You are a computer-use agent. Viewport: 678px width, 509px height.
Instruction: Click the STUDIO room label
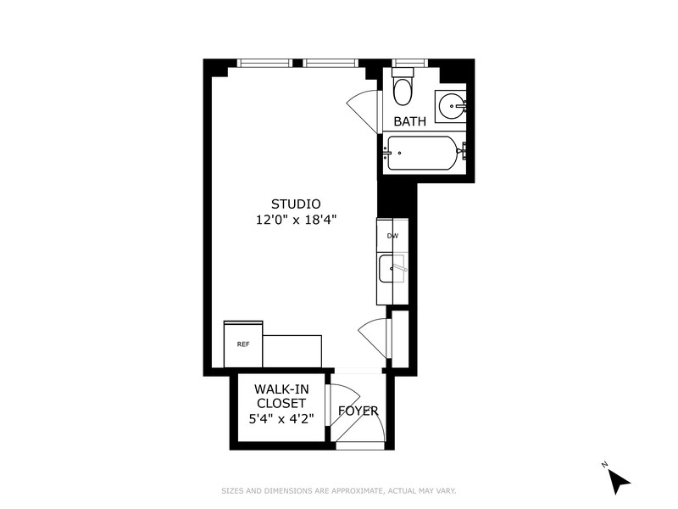(x=296, y=204)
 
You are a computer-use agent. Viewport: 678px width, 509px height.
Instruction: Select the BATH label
(x=409, y=121)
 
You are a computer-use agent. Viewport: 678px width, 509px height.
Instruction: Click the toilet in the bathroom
(x=404, y=87)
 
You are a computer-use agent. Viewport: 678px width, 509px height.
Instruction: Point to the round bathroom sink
(x=451, y=107)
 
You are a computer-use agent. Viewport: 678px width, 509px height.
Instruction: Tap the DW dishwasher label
(x=392, y=236)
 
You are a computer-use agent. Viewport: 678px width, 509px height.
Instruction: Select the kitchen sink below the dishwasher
(x=392, y=270)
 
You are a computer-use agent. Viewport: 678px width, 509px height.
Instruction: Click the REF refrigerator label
(x=243, y=344)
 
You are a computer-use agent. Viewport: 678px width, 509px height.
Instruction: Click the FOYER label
(x=358, y=411)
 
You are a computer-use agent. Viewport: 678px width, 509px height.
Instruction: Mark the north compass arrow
(x=618, y=479)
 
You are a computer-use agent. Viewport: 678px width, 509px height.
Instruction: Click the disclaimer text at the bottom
(x=338, y=490)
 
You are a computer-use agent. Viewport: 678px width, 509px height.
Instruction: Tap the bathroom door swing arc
(x=362, y=108)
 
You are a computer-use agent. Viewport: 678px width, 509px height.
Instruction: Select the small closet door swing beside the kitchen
(x=374, y=338)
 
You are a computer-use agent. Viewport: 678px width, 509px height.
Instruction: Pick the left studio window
(x=264, y=63)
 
